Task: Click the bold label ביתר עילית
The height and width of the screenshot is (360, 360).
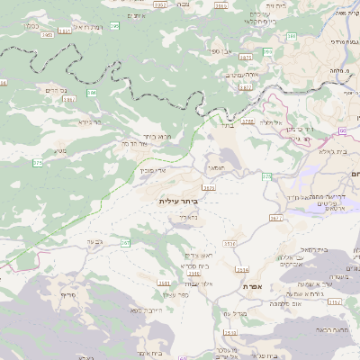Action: point(178,201)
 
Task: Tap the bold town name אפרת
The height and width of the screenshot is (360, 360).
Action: point(251,285)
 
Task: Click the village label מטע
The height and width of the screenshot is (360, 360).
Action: point(61,150)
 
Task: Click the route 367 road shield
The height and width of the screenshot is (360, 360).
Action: point(125,243)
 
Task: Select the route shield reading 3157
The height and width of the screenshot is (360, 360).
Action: point(334,301)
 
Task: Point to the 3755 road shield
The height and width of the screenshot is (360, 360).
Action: point(249,120)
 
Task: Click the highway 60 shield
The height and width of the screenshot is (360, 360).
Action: point(343,130)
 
